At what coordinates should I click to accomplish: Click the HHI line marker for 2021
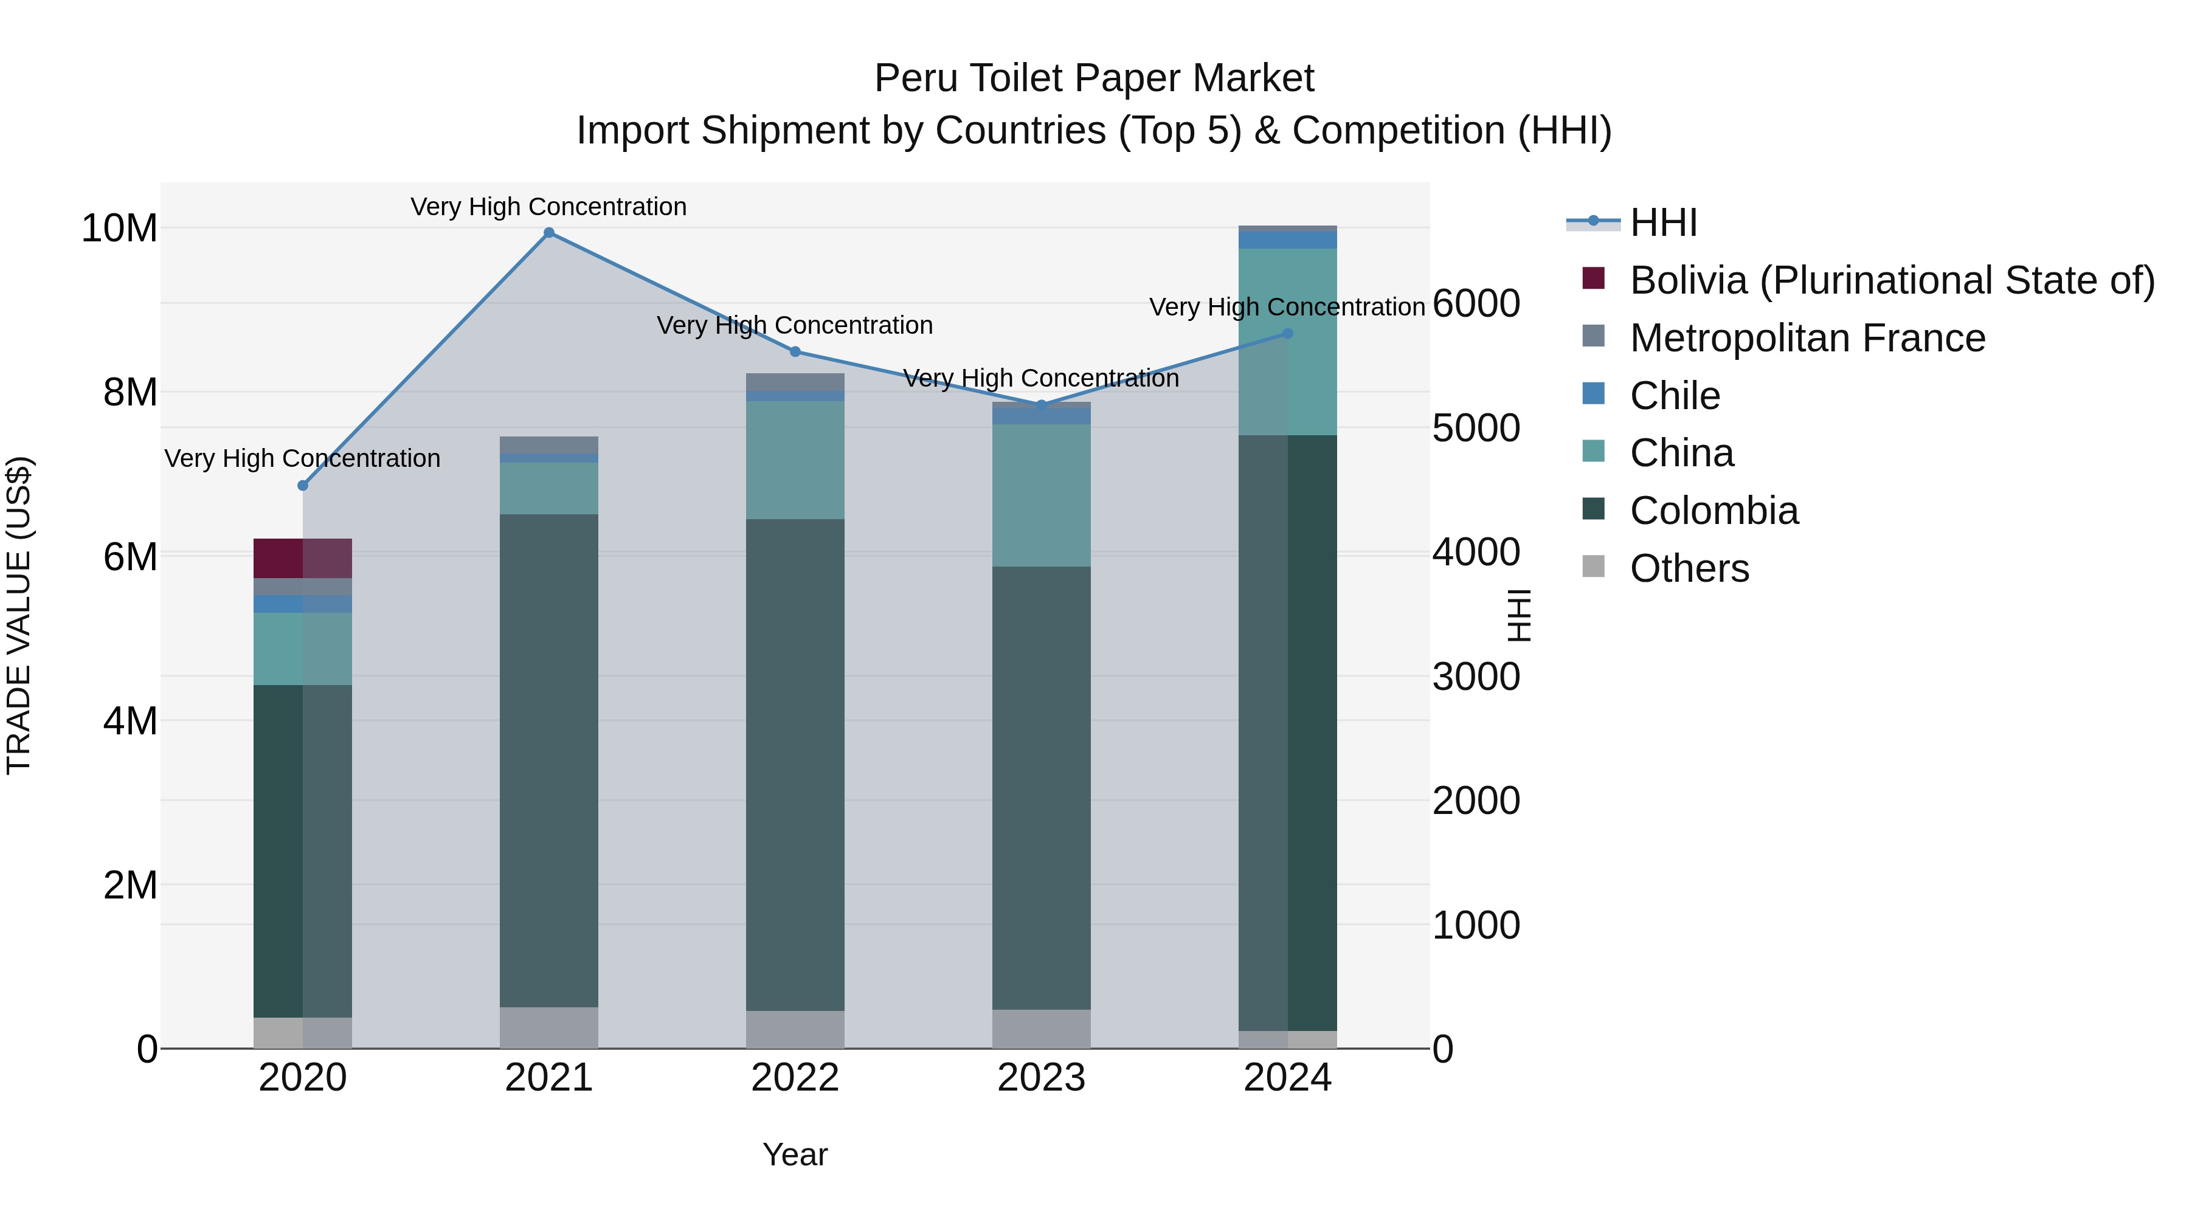tap(549, 233)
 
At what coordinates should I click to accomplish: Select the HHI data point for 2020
tap(303, 485)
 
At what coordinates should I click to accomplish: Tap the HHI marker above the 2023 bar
tap(1042, 405)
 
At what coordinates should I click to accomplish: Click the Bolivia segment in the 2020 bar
tap(303, 558)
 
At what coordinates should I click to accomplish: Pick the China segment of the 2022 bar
tap(795, 460)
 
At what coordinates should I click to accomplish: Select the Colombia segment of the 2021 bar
tap(549, 760)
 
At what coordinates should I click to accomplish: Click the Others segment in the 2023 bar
tap(1042, 1028)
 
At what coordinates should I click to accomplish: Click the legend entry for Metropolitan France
tap(1808, 338)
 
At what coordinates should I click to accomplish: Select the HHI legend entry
tap(1663, 222)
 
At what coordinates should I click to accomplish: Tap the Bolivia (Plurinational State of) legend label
tap(1892, 280)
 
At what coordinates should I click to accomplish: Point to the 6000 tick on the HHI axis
tap(1476, 303)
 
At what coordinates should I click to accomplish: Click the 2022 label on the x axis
tap(795, 1078)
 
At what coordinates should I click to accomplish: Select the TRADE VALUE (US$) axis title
tap(19, 615)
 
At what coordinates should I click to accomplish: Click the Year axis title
tap(795, 1154)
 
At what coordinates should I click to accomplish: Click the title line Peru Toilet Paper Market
tap(1094, 78)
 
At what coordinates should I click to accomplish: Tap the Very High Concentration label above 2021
tap(549, 207)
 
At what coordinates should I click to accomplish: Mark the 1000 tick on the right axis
tap(1476, 925)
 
